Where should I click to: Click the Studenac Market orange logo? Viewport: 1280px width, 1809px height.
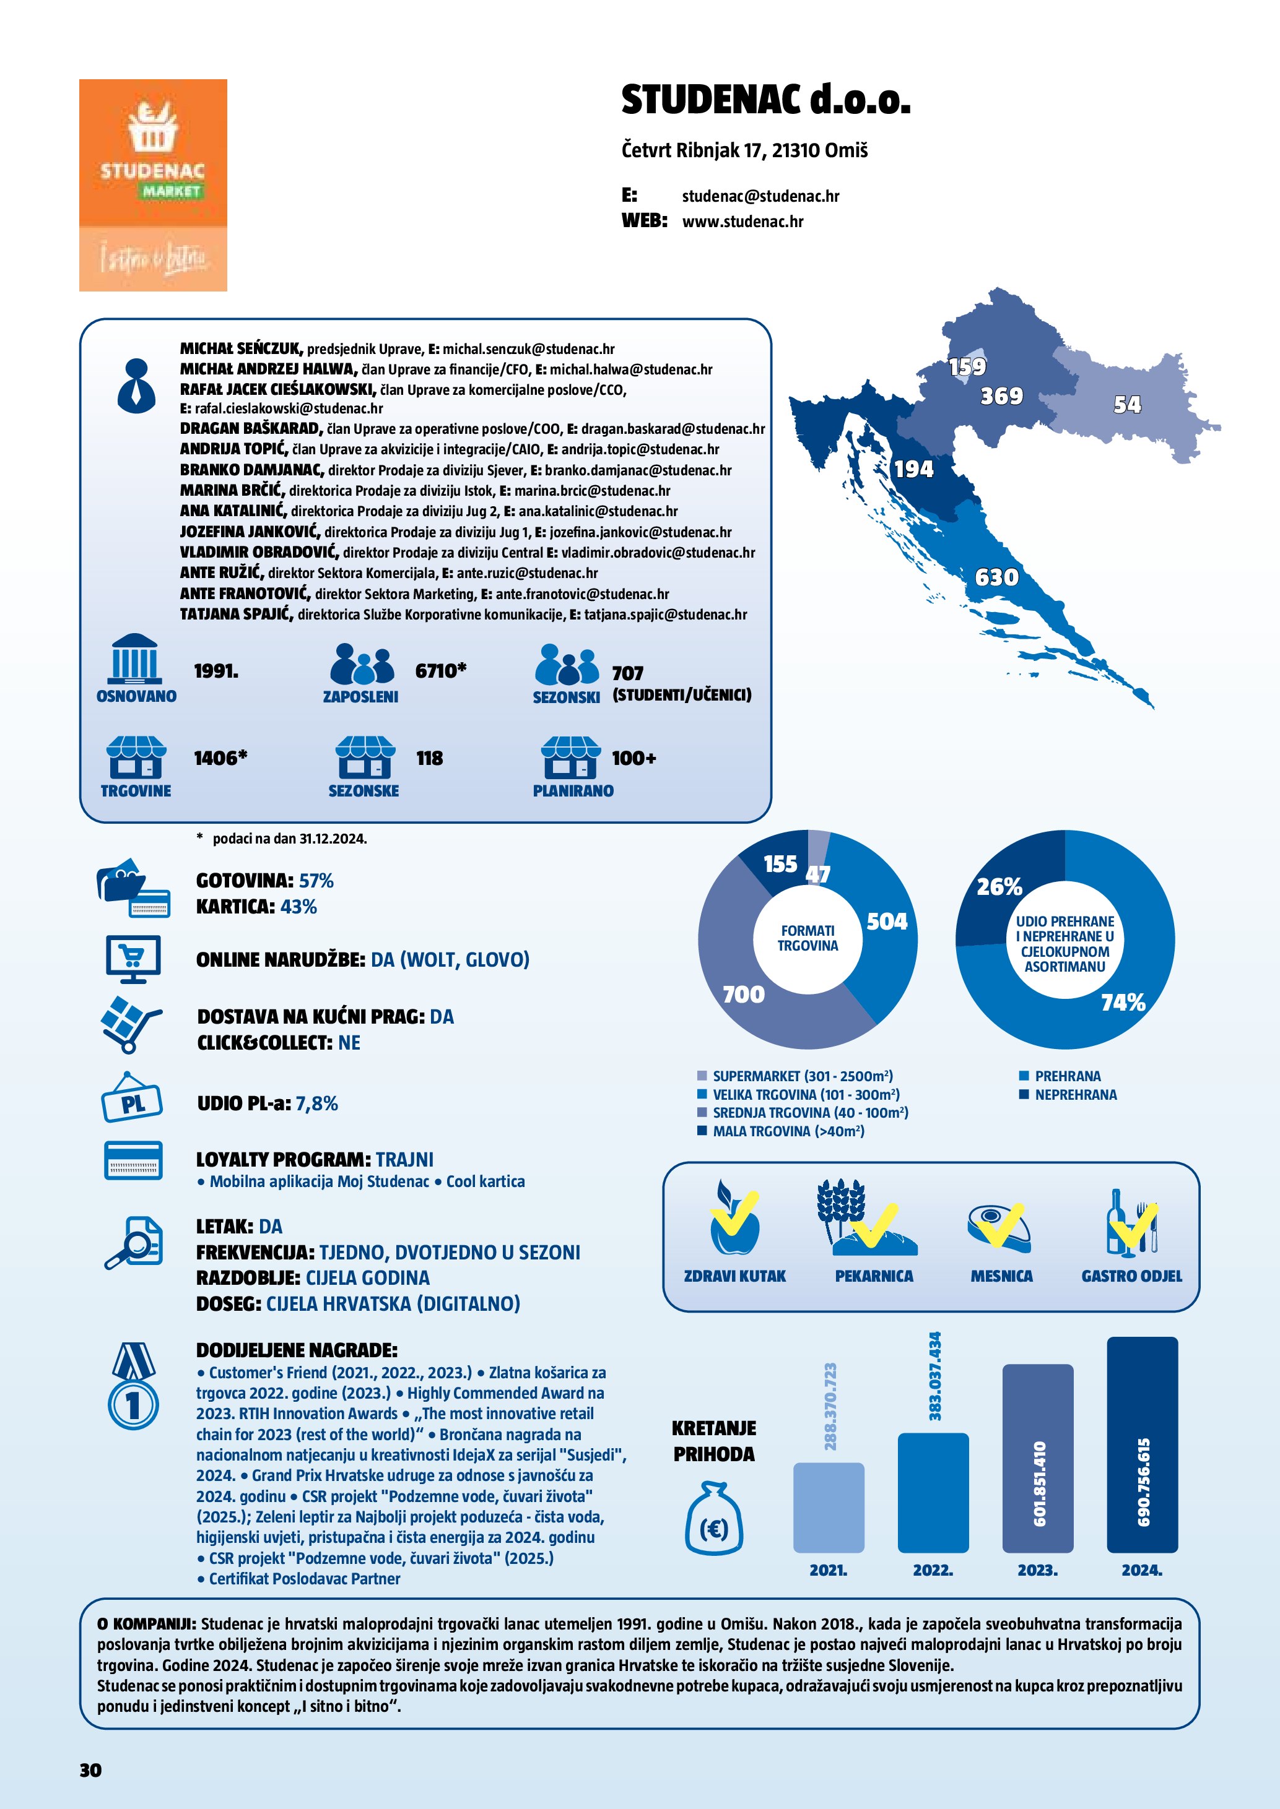click(x=153, y=184)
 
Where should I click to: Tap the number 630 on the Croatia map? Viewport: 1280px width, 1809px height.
click(x=996, y=577)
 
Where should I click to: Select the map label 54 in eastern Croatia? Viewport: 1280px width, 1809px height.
click(x=1126, y=404)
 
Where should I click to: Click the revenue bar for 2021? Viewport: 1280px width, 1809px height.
click(x=829, y=1506)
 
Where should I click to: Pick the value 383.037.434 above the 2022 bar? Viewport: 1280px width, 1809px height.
click(x=935, y=1376)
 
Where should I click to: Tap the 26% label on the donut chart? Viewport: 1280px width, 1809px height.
click(x=999, y=886)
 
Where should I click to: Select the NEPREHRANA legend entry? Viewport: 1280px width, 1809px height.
click(x=1075, y=1094)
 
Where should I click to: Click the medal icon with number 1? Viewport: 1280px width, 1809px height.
click(x=133, y=1385)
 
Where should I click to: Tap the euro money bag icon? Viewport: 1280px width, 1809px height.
click(x=713, y=1518)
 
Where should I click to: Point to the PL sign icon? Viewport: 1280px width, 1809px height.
click(x=132, y=1099)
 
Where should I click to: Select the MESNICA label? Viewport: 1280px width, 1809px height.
click(x=1001, y=1276)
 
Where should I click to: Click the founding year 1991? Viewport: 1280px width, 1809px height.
click(x=216, y=671)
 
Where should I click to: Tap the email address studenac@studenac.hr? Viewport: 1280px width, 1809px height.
click(x=760, y=196)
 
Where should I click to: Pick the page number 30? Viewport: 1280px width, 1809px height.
click(x=90, y=1769)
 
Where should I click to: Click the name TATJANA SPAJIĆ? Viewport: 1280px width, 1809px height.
click(x=237, y=614)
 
